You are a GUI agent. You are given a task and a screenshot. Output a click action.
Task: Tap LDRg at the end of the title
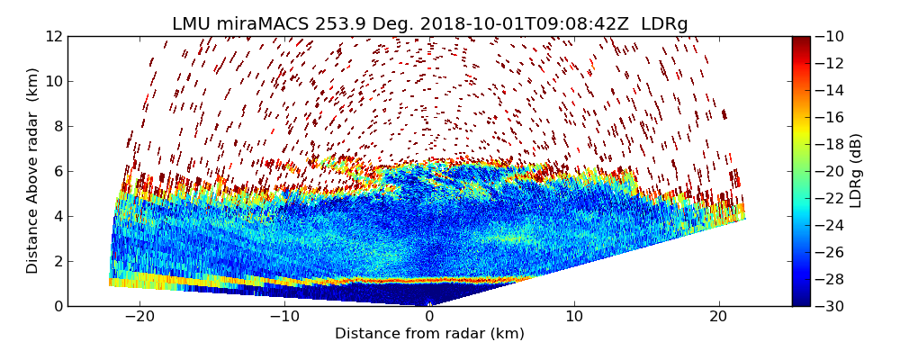(664, 24)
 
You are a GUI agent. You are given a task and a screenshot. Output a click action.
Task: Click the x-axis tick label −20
(139, 317)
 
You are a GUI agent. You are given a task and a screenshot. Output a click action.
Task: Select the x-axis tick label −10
(284, 317)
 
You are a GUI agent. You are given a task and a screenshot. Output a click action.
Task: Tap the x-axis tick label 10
(574, 317)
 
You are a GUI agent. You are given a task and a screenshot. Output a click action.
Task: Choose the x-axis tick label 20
(718, 317)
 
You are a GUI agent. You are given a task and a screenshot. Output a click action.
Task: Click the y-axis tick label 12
(52, 36)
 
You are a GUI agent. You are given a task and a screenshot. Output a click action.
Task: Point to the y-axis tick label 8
(57, 126)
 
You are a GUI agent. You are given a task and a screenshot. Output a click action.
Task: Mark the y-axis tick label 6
(57, 171)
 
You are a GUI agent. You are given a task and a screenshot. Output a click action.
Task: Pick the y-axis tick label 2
(57, 261)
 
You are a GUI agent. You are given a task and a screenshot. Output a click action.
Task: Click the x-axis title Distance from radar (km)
(429, 334)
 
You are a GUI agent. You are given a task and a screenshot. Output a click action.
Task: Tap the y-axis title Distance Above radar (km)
(33, 171)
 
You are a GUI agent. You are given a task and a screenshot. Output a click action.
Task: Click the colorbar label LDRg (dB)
(856, 171)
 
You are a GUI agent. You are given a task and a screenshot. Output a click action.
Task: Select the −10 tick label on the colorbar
(830, 36)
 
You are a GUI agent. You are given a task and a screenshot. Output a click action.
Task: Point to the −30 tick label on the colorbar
(830, 306)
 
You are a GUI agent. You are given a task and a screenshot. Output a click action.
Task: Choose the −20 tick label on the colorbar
(830, 171)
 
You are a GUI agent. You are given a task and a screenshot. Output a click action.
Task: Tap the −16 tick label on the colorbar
(830, 117)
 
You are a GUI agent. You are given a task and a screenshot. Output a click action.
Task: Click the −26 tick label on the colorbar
(830, 252)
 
